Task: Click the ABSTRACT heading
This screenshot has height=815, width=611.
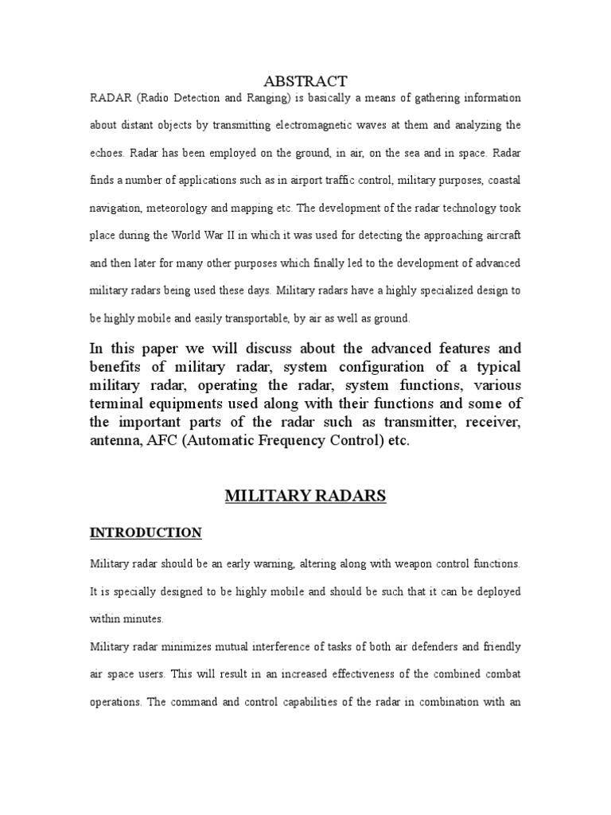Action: tap(305, 80)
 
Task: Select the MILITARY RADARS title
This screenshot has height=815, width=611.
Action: tap(305, 496)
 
